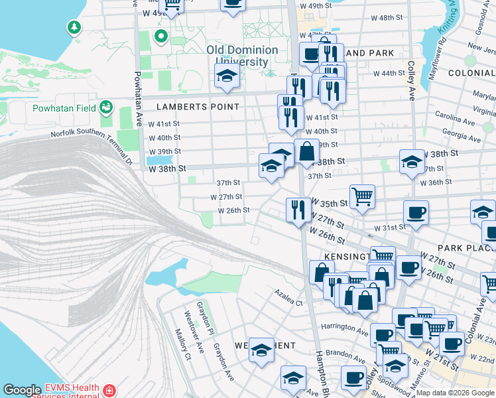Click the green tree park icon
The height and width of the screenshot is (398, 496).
pyautogui.click(x=72, y=28)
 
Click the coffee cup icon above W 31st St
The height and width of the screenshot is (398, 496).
pyautogui.click(x=416, y=214)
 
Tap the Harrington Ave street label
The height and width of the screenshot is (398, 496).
pyautogui.click(x=344, y=330)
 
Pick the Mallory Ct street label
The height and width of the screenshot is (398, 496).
pyautogui.click(x=182, y=344)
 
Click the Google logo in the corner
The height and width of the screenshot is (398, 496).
pyautogui.click(x=22, y=390)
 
